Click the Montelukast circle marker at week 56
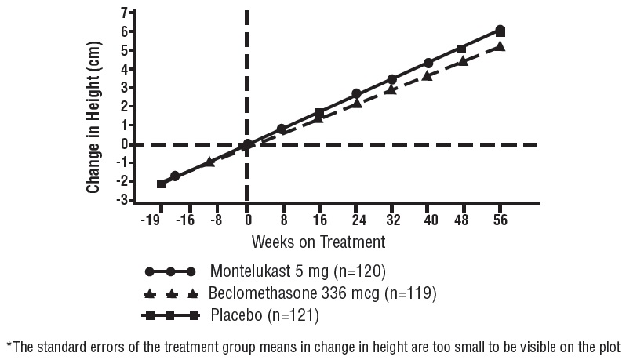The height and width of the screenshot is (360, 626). pyautogui.click(x=500, y=30)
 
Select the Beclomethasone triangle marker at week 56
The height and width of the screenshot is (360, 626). pyautogui.click(x=500, y=47)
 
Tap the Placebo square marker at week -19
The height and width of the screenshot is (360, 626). pyautogui.click(x=162, y=184)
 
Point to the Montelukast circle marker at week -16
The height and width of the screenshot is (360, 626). pyautogui.click(x=175, y=176)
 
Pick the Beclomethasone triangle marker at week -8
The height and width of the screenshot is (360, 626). pyautogui.click(x=209, y=162)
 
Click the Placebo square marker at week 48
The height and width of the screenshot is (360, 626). pyautogui.click(x=461, y=49)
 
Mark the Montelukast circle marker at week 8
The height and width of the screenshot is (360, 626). pyautogui.click(x=282, y=129)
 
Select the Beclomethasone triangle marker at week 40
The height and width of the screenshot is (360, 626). pyautogui.click(x=427, y=75)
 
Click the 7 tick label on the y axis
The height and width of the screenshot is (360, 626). pyautogui.click(x=123, y=13)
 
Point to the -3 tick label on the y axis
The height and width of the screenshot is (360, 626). pyautogui.click(x=122, y=200)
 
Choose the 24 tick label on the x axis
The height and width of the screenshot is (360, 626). pyautogui.click(x=356, y=220)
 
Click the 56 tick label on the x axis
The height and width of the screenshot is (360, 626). pyautogui.click(x=500, y=220)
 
